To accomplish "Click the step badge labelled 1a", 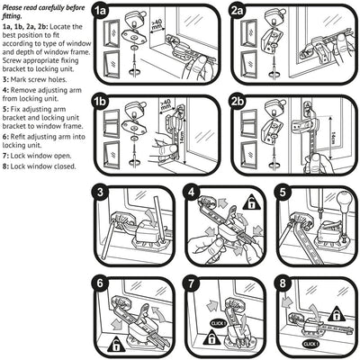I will (x=102, y=12).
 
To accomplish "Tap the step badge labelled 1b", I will (x=102, y=103).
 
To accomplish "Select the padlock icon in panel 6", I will (x=115, y=344).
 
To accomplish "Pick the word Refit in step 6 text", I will (x=22, y=135).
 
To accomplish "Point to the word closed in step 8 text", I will (x=68, y=166).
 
